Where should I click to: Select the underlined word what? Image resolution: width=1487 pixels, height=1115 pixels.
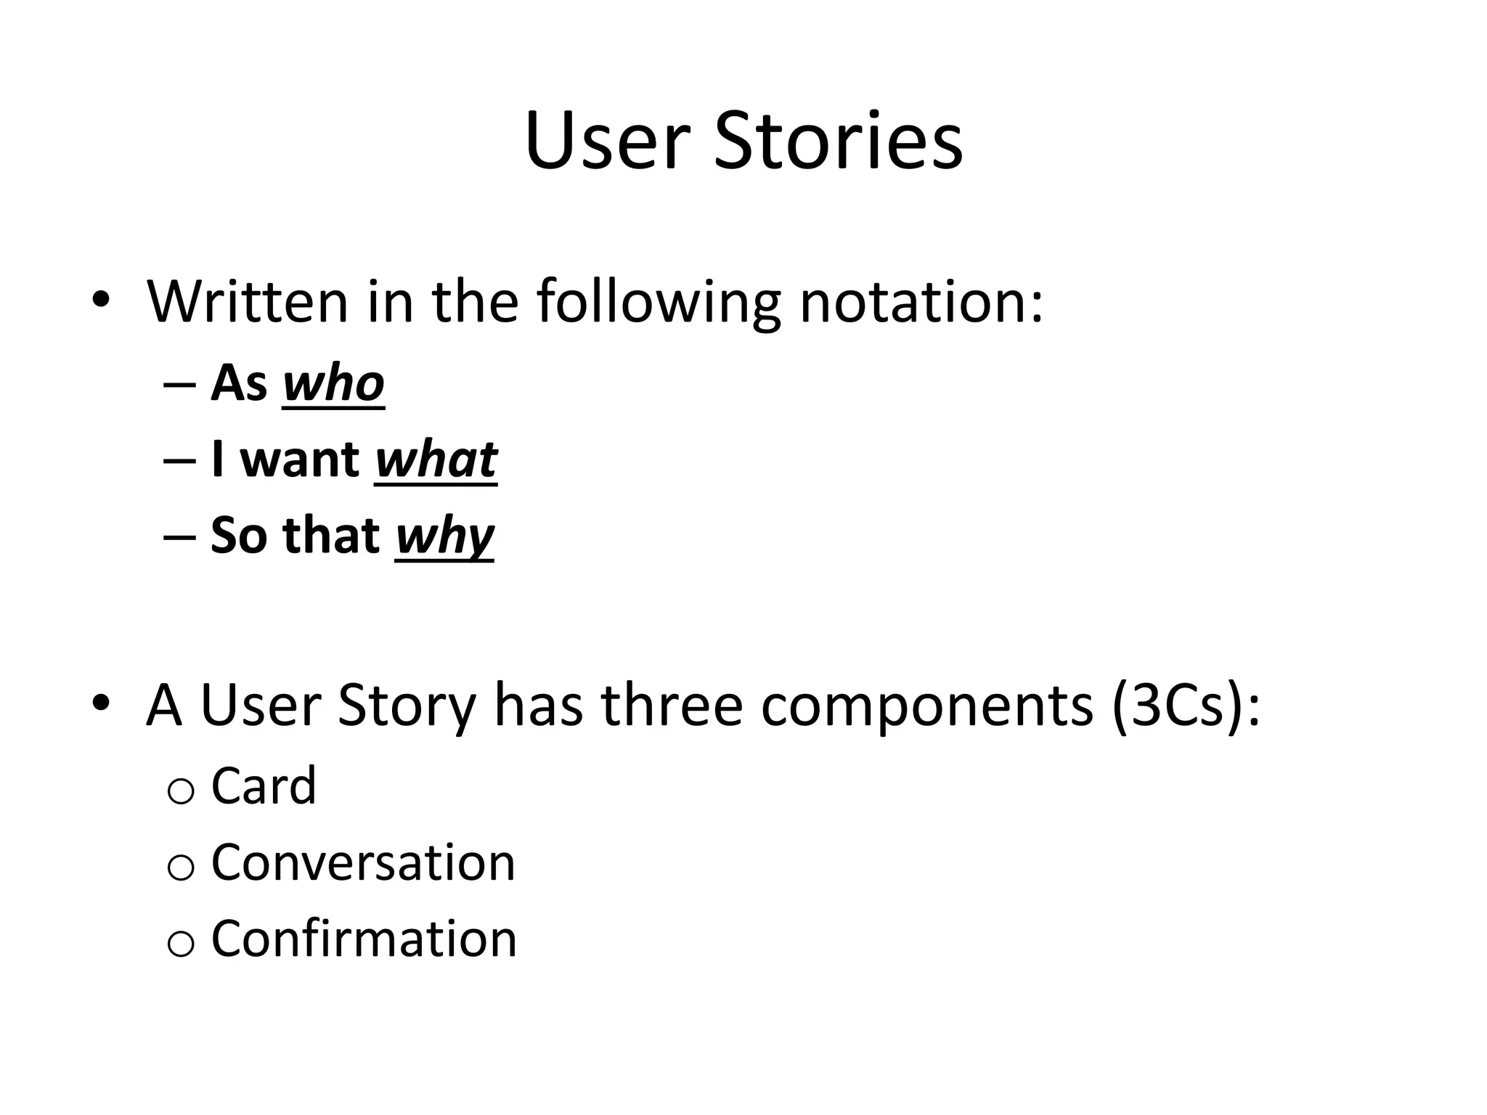pyautogui.click(x=436, y=460)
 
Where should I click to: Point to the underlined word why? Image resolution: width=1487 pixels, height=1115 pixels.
pyautogui.click(x=444, y=536)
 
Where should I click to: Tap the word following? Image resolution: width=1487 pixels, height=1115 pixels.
pyautogui.click(x=659, y=302)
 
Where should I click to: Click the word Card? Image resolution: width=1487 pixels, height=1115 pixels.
pyautogui.click(x=264, y=785)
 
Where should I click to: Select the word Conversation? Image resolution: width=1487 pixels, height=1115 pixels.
pyautogui.click(x=363, y=862)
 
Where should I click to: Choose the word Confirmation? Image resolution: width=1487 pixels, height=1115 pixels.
pyautogui.click(x=364, y=939)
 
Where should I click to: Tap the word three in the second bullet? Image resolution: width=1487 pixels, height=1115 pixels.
pyautogui.click(x=672, y=706)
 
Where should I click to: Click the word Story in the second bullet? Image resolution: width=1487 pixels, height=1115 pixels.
pyautogui.click(x=407, y=707)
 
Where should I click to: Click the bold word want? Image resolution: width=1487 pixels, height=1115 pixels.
pyautogui.click(x=299, y=460)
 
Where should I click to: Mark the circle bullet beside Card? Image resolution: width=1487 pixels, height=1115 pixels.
pyautogui.click(x=180, y=791)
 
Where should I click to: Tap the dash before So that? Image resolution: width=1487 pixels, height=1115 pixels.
pyautogui.click(x=180, y=537)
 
